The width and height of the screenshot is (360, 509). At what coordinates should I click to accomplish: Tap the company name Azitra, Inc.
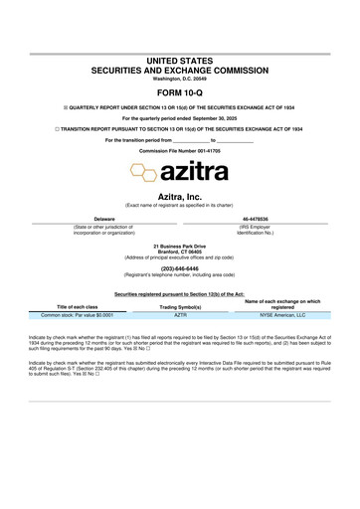click(x=180, y=199)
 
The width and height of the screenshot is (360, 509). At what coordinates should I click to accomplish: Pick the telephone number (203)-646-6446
click(x=180, y=266)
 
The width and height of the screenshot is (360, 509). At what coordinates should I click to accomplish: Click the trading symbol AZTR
click(x=180, y=313)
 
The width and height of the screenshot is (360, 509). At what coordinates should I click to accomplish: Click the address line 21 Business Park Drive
click(x=180, y=245)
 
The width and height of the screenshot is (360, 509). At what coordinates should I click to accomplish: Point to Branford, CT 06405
click(x=180, y=251)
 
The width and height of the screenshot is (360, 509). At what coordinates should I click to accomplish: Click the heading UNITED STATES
click(x=180, y=62)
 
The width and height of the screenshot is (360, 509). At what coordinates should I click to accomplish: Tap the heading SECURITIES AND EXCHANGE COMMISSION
click(x=180, y=71)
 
